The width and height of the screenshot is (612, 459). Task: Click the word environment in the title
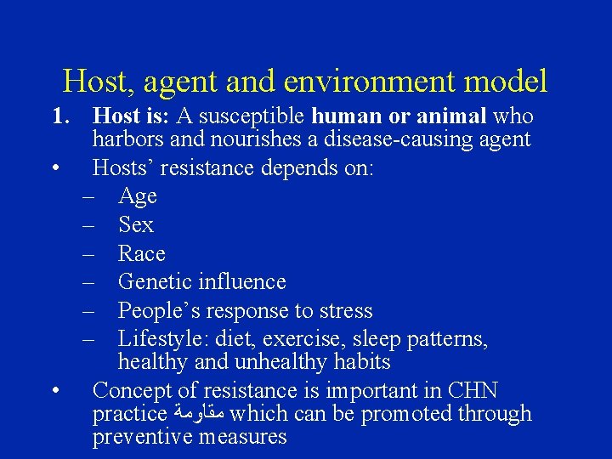click(369, 82)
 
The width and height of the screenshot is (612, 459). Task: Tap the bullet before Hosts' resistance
click(55, 168)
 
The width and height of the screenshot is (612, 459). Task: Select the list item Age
click(137, 197)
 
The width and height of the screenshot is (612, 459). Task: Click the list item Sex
click(136, 225)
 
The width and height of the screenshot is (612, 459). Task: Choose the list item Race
click(141, 253)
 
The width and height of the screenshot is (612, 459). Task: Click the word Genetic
click(154, 281)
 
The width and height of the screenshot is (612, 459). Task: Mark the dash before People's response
click(88, 310)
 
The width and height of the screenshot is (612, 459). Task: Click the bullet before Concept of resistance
click(55, 392)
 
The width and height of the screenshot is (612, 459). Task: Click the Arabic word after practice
click(198, 415)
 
